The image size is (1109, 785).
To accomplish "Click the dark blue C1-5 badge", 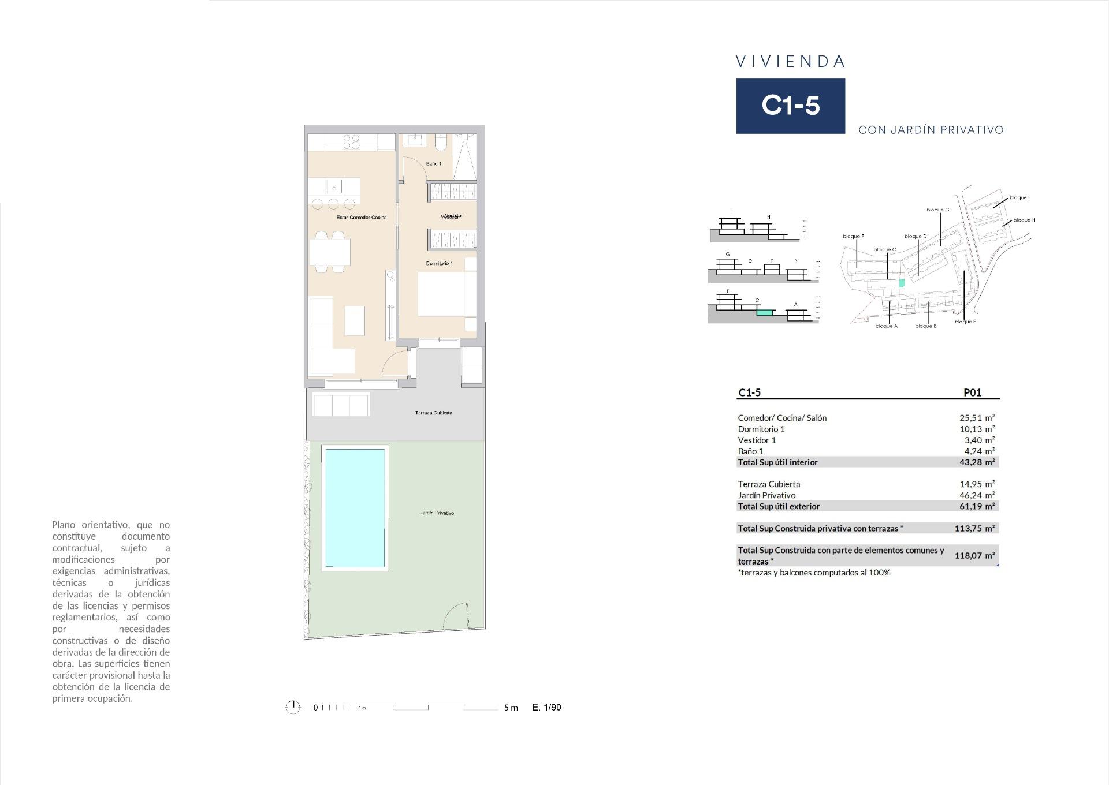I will pos(790,106).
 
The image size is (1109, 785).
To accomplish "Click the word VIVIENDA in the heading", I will pos(790,62).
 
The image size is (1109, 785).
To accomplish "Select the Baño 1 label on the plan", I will pos(433,164).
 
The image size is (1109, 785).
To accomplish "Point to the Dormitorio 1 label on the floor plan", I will pos(439,263).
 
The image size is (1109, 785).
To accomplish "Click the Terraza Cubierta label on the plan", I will pos(433,413).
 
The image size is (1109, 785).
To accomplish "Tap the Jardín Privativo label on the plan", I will pos(437,513).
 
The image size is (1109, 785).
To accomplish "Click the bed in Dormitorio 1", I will pos(446,294).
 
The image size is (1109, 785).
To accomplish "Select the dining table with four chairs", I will pos(330,252).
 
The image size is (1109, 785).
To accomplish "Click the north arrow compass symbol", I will pos(293,707).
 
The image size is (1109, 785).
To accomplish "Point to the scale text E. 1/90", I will pos(546,707).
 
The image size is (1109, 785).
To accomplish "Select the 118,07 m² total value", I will pos(974,556).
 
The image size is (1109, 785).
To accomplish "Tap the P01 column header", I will pos(972,392).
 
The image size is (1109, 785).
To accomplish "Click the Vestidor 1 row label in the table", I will pos(757,440).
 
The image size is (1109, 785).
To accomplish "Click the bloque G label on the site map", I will pos(937,210).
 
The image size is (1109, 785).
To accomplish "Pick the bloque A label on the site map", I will pos(886,326).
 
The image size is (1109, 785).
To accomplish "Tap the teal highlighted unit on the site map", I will pos(902,283).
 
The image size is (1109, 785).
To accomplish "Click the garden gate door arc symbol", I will pos(455,616).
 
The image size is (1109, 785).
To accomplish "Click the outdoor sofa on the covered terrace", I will pos(341,404).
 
